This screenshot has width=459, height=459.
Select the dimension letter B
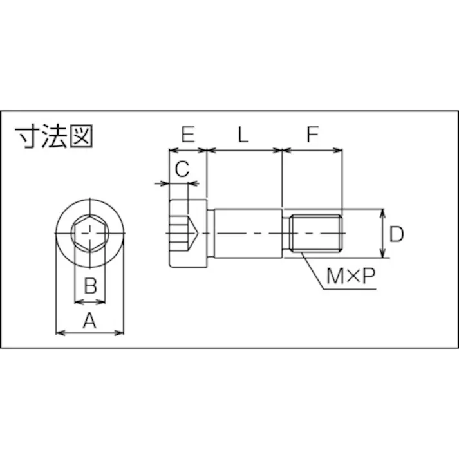point(90,286)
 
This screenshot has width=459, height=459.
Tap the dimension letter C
point(182,169)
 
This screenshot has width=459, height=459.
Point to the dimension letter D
point(397,234)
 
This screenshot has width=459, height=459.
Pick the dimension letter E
point(187,135)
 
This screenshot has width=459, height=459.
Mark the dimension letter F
point(312,135)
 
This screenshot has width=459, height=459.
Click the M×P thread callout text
point(350,277)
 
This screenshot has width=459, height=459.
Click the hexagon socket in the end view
point(90,232)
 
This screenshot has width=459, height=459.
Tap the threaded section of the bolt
point(316,233)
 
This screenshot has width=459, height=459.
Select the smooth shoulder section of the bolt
point(247,232)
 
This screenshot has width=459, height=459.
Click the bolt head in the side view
point(188,233)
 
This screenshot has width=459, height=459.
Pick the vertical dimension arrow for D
point(383,233)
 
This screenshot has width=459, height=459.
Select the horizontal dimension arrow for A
point(90,332)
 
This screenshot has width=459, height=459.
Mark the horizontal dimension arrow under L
point(245,151)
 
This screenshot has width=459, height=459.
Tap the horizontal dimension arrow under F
point(312,151)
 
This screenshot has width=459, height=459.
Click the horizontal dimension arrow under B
point(90,301)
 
